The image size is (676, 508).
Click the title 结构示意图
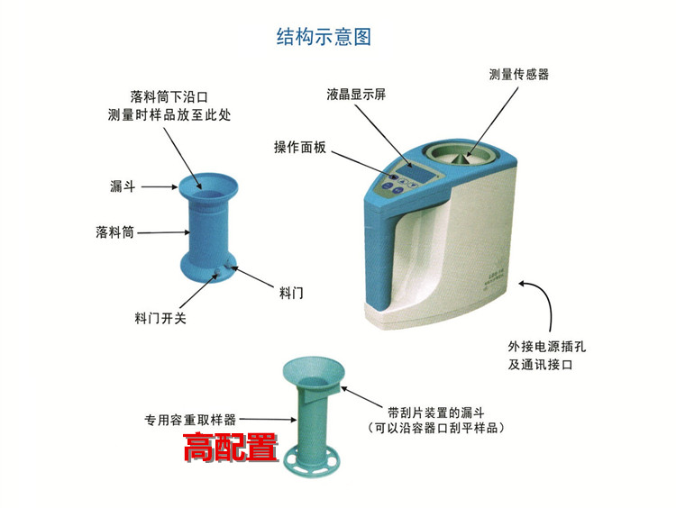324,38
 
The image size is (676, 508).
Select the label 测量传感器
518,75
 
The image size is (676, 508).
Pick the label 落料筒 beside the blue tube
114,232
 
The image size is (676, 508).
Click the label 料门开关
160,318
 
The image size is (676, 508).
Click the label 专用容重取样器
190,419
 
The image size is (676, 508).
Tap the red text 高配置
230,447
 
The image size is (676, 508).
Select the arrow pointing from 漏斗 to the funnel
160,186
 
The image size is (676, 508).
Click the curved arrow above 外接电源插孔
539,305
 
